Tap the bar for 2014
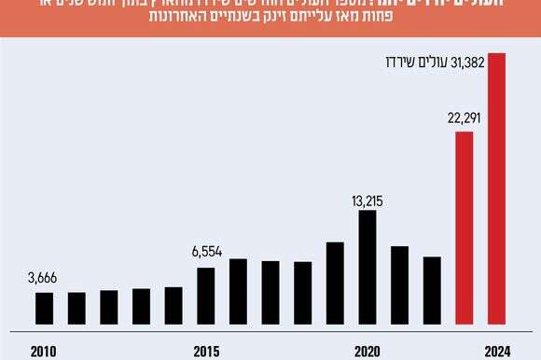[x=173, y=304]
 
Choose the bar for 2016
[x=238, y=290]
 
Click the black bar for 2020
[x=368, y=266]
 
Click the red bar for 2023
[x=464, y=227]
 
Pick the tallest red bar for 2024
[x=496, y=187]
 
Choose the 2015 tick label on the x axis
[x=206, y=351]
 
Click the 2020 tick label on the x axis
[x=368, y=351]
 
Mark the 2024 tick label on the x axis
[x=495, y=351]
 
